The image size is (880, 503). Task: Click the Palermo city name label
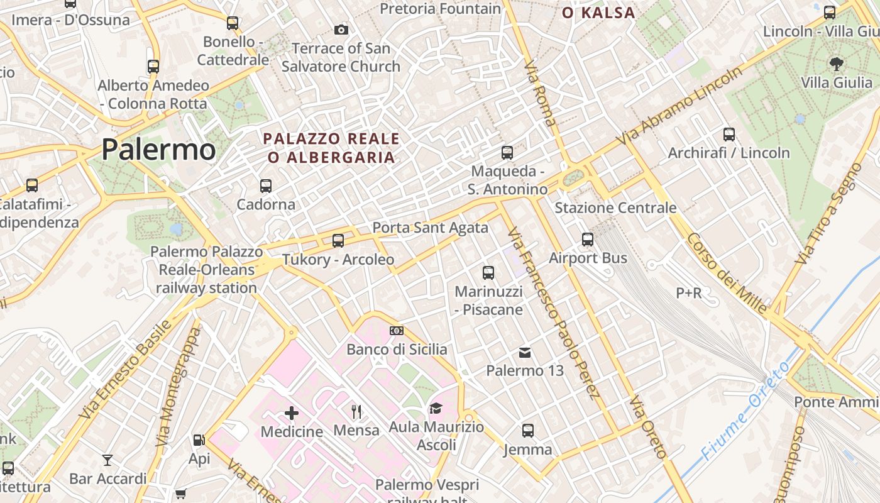pyautogui.click(x=158, y=150)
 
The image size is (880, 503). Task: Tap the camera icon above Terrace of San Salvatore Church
pyautogui.click(x=341, y=30)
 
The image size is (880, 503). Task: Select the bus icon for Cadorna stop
pyautogui.click(x=266, y=186)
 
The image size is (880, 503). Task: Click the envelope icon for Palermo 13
pyautogui.click(x=525, y=353)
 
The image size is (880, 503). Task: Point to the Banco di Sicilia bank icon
pyautogui.click(x=397, y=331)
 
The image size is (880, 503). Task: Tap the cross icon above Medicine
pyautogui.click(x=292, y=413)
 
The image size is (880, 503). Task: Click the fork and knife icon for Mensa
pyautogui.click(x=356, y=412)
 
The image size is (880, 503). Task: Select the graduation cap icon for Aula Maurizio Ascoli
pyautogui.click(x=436, y=409)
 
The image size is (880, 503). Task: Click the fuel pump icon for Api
pyautogui.click(x=199, y=441)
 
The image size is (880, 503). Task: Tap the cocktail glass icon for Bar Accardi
pyautogui.click(x=107, y=460)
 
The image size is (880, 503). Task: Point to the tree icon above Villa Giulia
pyautogui.click(x=836, y=64)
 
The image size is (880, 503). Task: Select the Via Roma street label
pyautogui.click(x=541, y=93)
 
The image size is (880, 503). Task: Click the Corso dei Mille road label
pyautogui.click(x=727, y=273)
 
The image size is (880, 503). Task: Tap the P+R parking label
pyautogui.click(x=689, y=292)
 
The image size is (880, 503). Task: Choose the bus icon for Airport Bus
pyautogui.click(x=588, y=240)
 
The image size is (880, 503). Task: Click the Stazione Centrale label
pyautogui.click(x=615, y=207)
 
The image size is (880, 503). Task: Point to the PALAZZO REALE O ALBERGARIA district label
pyautogui.click(x=331, y=148)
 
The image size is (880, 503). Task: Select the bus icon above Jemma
pyautogui.click(x=528, y=431)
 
